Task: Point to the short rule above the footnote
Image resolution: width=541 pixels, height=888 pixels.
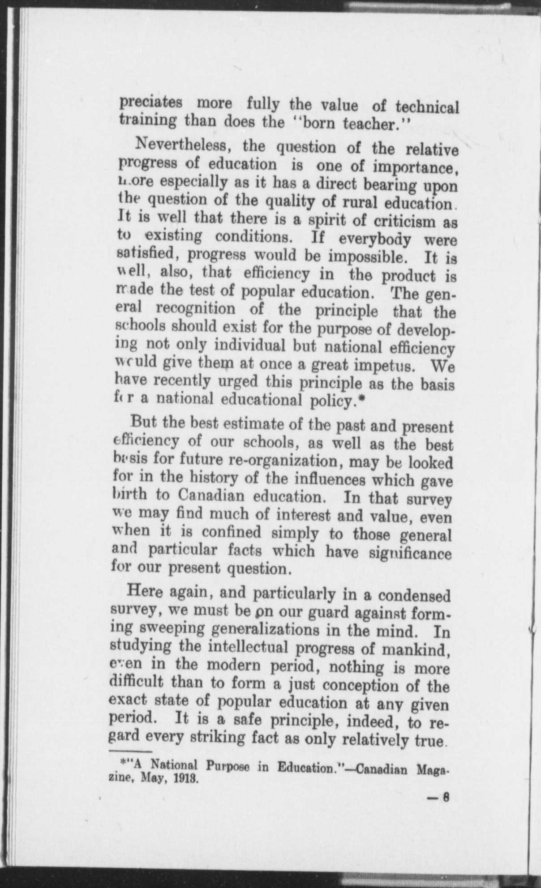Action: (130, 751)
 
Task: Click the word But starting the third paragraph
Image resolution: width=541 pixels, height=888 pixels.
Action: (142, 422)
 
